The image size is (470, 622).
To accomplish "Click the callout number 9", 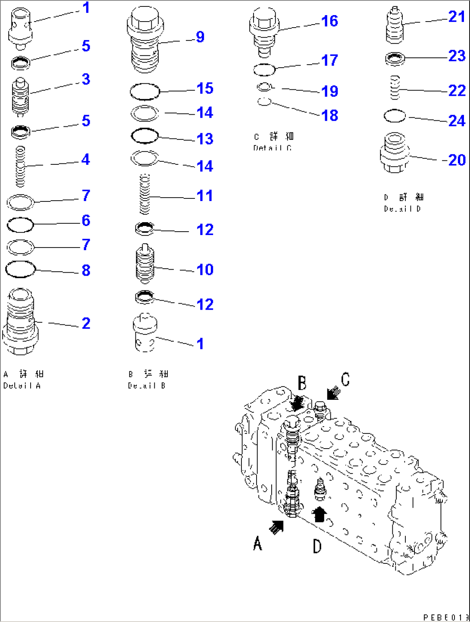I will [x=200, y=37].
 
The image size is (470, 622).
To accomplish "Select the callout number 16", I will [x=329, y=21].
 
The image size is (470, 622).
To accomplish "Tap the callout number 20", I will [x=457, y=160].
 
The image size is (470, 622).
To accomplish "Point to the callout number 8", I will [x=86, y=270].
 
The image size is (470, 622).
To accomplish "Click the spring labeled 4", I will [x=20, y=166].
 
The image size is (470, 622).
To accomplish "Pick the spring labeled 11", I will [x=145, y=194].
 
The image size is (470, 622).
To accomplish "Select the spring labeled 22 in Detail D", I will [x=395, y=88].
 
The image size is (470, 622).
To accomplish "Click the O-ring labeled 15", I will [x=145, y=91].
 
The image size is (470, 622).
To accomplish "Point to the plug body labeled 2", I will [x=20, y=322].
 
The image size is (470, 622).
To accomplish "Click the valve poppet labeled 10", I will [x=145, y=264].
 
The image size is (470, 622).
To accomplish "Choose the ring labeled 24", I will [x=395, y=116].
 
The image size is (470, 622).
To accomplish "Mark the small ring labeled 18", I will [x=264, y=102].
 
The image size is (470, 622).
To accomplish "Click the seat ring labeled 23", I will [x=395, y=58].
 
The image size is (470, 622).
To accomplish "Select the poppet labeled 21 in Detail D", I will [x=395, y=26].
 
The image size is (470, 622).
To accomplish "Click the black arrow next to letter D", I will [x=319, y=514].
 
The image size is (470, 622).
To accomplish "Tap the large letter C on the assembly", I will [x=345, y=380].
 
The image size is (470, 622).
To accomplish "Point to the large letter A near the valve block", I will [x=257, y=543].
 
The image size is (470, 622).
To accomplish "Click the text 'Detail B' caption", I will [x=147, y=385].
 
